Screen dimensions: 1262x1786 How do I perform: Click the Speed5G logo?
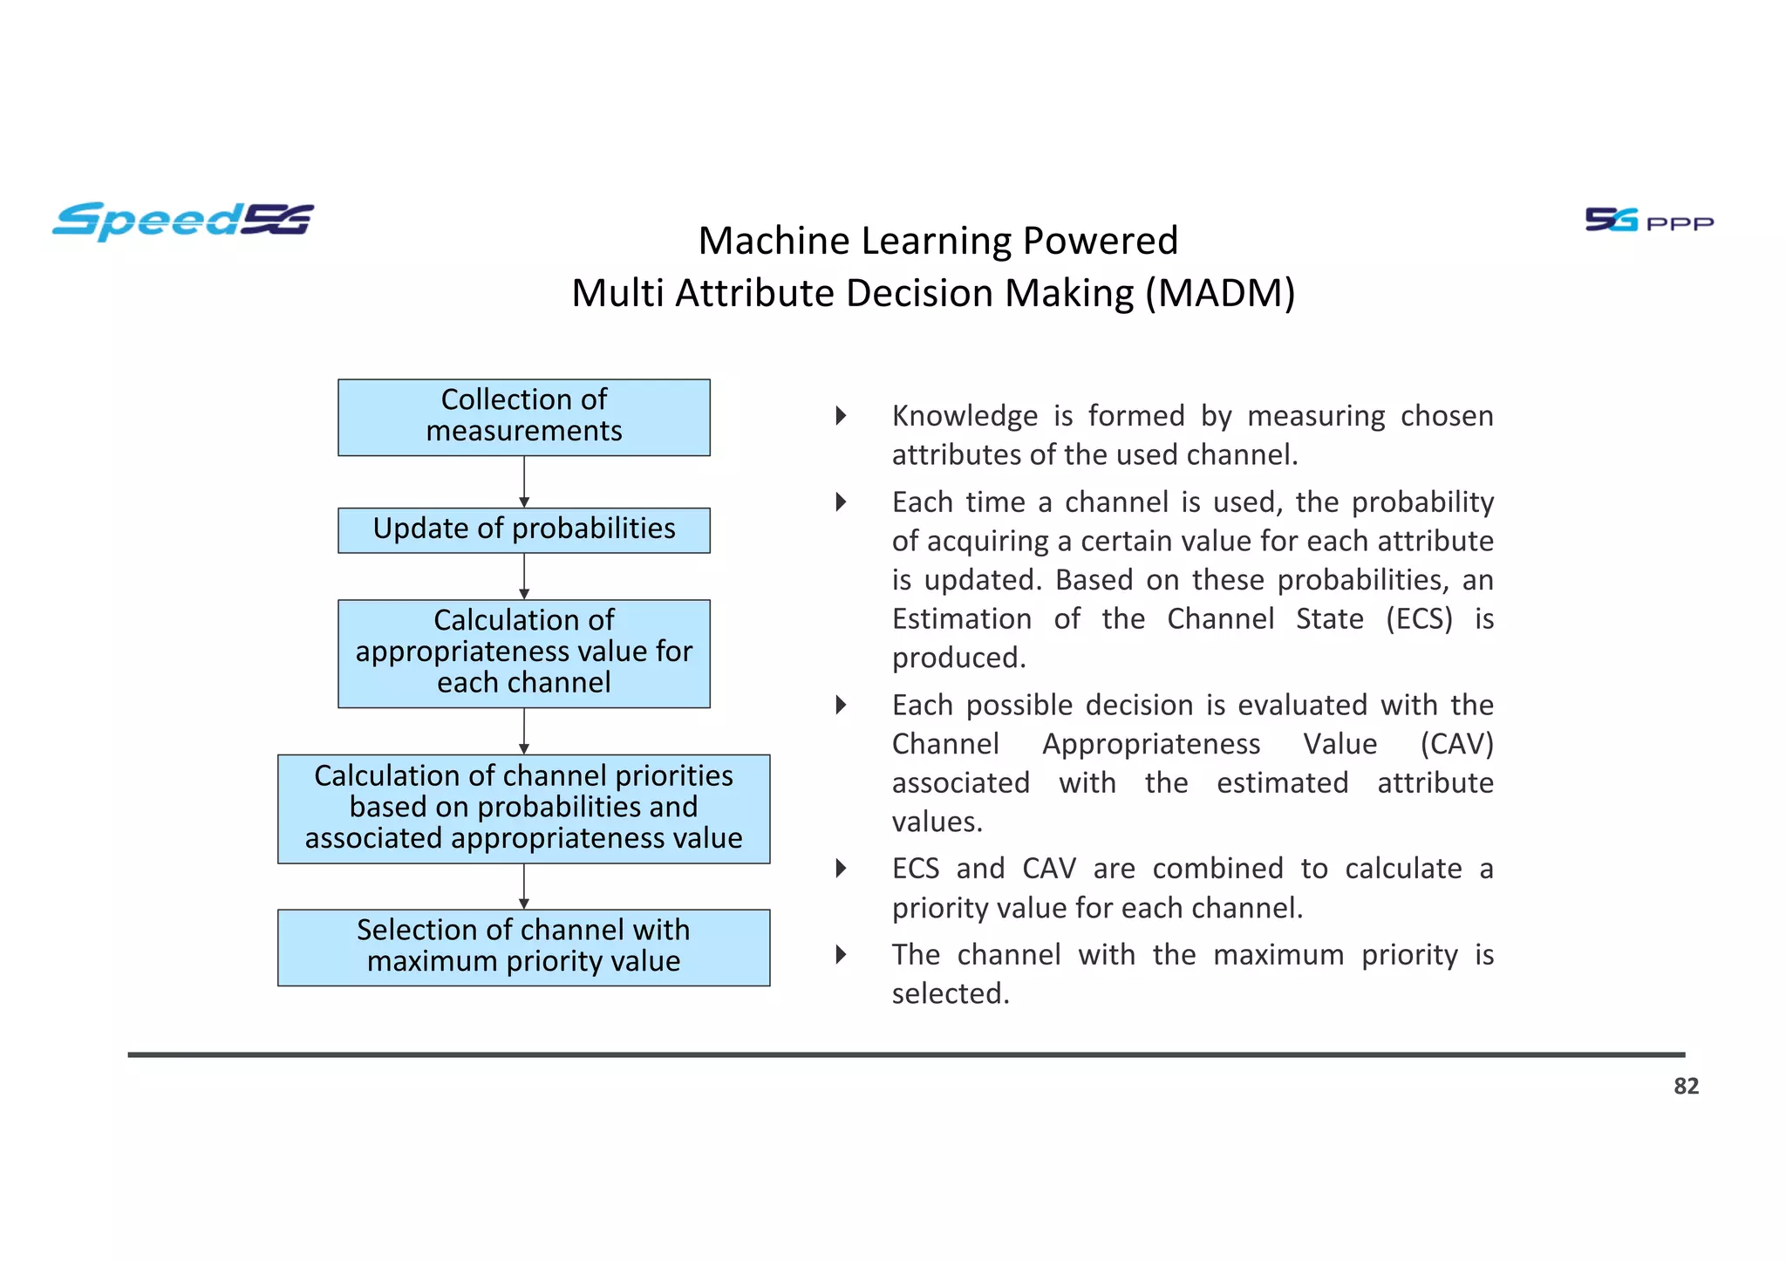(x=182, y=221)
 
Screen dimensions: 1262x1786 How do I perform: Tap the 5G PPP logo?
(x=1648, y=221)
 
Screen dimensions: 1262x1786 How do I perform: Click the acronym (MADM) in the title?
(x=1220, y=293)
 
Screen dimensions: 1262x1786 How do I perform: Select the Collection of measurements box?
(x=523, y=417)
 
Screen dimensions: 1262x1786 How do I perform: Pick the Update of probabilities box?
(x=523, y=529)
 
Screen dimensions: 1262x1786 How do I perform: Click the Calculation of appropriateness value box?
(x=523, y=652)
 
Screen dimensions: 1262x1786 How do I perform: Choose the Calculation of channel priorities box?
(x=523, y=808)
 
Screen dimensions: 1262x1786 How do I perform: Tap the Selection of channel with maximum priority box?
(x=523, y=946)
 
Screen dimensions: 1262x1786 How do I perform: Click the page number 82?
(x=1686, y=1086)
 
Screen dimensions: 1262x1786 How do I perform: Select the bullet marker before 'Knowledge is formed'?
(x=841, y=416)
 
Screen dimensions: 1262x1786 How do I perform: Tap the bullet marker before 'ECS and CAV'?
(x=841, y=869)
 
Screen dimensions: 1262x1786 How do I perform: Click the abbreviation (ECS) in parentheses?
(x=1419, y=619)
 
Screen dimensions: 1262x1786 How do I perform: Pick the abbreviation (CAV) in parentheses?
(x=1456, y=744)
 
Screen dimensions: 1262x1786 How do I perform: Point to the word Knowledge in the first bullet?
(x=965, y=416)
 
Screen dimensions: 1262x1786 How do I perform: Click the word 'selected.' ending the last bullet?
(x=951, y=994)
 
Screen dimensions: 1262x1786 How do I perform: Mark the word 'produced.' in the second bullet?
(x=958, y=658)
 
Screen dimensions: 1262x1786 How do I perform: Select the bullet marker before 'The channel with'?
(x=841, y=955)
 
